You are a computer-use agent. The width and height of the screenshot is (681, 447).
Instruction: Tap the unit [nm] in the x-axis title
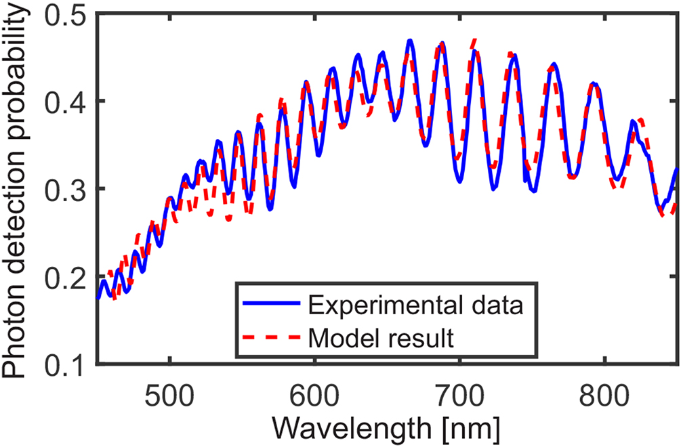474,428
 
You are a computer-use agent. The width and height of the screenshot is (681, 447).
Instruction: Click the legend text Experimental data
415,305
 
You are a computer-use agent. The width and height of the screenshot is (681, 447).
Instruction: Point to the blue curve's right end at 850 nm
677,169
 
